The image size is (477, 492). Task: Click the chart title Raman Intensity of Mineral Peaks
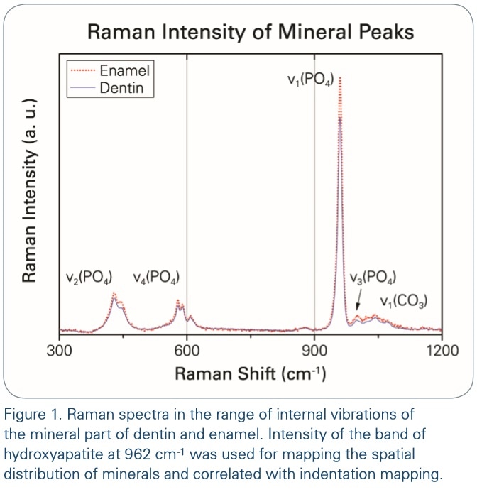[x=250, y=32]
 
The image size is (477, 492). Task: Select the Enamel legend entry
[x=125, y=70]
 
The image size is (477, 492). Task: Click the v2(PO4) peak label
[x=89, y=278]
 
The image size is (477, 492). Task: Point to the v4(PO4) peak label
[x=156, y=278]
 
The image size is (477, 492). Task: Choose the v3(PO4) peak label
[x=373, y=278]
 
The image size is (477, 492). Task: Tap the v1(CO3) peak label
[x=403, y=301]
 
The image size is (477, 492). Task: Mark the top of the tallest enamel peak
[x=341, y=77]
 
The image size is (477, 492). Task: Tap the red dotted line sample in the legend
[x=83, y=70]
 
